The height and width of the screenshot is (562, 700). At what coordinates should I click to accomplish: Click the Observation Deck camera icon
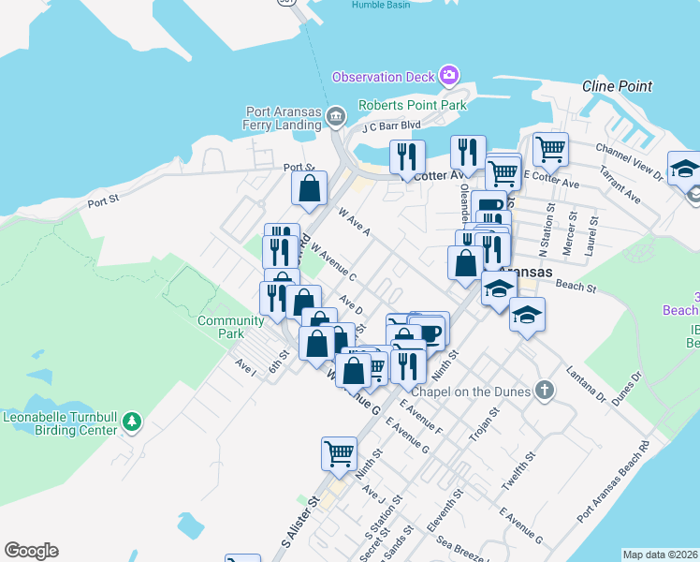coord(449,75)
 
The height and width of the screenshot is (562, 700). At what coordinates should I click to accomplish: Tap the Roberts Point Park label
coord(413,106)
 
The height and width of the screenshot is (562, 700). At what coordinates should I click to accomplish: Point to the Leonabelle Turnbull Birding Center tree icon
coord(133,422)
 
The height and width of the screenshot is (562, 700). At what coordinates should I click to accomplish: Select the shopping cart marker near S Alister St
coord(339,454)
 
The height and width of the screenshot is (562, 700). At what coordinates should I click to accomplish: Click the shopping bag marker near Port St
coord(309,189)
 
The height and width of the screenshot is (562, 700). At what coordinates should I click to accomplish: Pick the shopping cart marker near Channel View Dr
coord(550,148)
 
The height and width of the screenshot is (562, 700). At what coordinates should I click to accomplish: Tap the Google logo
coord(31,551)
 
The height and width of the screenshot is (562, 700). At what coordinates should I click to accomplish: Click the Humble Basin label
coord(382,5)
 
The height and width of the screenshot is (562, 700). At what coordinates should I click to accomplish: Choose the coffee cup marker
coord(428,333)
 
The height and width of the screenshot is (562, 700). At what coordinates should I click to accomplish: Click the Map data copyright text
coord(660,555)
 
